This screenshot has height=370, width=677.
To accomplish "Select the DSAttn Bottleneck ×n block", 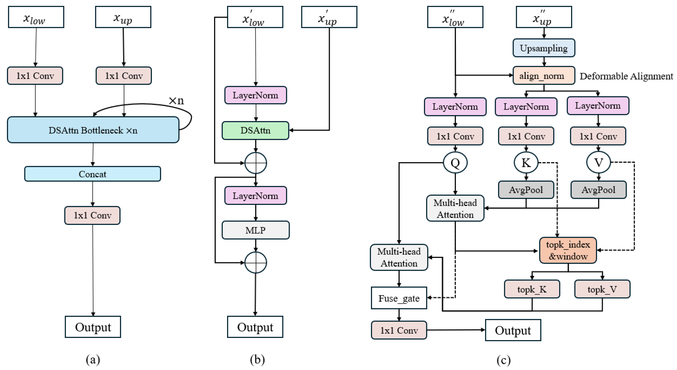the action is coord(93,130).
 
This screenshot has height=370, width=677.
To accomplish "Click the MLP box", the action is coord(256,230).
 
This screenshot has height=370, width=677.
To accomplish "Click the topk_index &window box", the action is coord(568,250).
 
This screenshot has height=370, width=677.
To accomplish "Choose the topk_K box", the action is coord(532,289).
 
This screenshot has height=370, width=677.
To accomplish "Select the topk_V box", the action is coord(602,289).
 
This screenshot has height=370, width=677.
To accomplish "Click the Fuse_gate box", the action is coord(399,298).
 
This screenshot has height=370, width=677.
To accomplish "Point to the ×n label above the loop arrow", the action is coord(176,100).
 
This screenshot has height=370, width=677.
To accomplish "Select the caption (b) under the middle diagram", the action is coord(257,360).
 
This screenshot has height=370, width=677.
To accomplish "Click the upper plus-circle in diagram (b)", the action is coord(256,163).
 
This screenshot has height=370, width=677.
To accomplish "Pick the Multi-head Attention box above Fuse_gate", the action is coord(399,257).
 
